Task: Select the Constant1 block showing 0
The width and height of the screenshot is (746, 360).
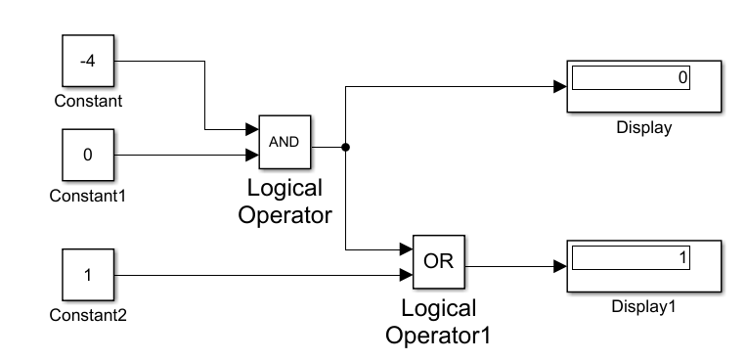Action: (x=87, y=155)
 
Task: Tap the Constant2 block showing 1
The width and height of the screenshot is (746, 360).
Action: (x=87, y=275)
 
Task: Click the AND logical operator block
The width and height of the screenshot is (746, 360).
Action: (x=284, y=141)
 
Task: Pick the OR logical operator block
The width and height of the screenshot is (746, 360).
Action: (x=439, y=262)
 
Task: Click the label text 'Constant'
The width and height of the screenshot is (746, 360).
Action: (x=88, y=101)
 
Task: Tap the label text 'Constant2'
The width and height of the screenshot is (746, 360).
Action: (x=88, y=315)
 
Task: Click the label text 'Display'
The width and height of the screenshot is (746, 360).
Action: (x=643, y=127)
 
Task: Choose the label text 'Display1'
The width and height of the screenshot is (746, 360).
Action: (x=643, y=306)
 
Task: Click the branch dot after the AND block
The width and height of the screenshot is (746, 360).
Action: (x=345, y=147)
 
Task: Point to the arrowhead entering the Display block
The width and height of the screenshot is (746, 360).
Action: (x=559, y=86)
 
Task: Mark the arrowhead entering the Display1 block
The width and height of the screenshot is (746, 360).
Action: (x=559, y=266)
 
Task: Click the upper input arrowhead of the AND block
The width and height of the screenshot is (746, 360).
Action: (x=252, y=129)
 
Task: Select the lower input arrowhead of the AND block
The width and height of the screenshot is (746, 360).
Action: (x=252, y=154)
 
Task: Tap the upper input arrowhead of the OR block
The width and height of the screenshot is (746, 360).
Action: (x=406, y=250)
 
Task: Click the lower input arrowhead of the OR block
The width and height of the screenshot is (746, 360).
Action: (x=406, y=275)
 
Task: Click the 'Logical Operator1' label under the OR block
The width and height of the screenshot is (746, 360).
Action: (x=438, y=322)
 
